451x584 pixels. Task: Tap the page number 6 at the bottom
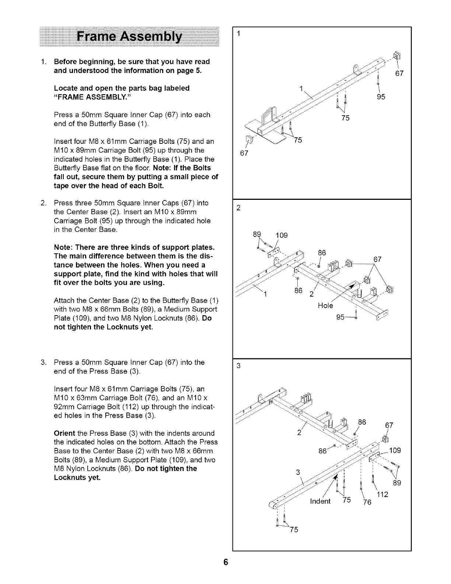[225, 562]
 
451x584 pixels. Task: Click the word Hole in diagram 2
[325, 306]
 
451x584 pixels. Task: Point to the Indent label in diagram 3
[320, 501]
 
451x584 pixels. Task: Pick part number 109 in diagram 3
[395, 451]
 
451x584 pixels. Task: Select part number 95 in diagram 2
[341, 317]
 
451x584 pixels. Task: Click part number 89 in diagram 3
[396, 483]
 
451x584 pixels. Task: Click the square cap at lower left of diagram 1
[251, 139]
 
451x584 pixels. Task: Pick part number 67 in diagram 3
[389, 425]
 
